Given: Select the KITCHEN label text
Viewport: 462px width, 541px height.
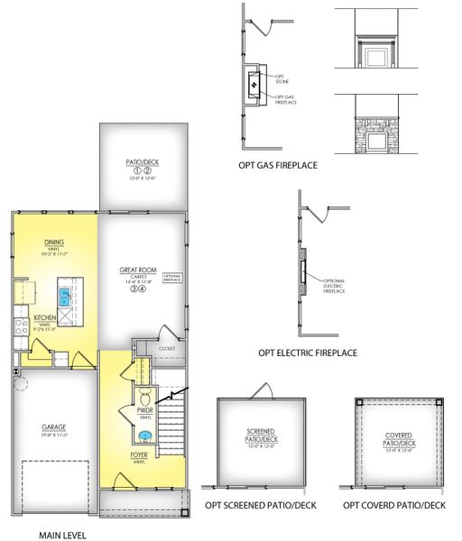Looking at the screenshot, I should point(45,318).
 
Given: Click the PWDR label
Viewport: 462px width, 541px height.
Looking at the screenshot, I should point(145,410).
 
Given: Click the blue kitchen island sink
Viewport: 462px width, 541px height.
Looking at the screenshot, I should point(65,293).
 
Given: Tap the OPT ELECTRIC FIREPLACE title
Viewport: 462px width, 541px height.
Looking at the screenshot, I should point(309,353).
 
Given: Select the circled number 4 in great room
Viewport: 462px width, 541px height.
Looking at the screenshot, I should point(143,289).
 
